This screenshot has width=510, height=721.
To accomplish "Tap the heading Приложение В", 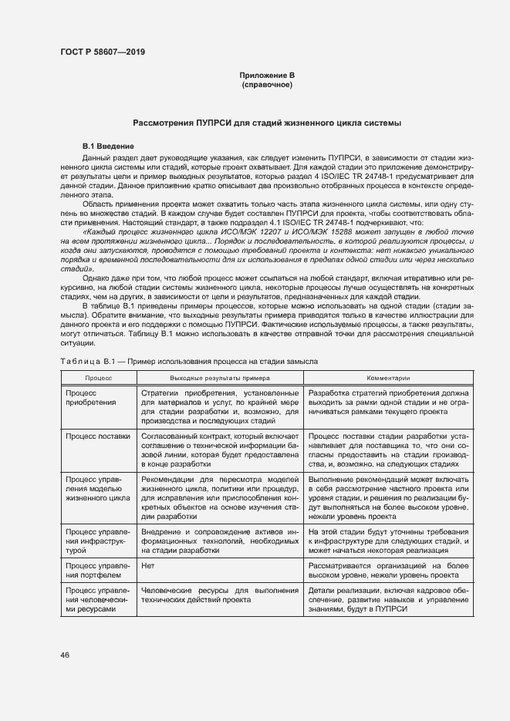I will [267, 75].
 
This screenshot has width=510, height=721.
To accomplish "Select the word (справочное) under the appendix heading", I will [267, 84].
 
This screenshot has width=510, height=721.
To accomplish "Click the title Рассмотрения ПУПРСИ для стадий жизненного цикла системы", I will [267, 123].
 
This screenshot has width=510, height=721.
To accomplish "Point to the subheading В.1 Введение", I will [109, 147].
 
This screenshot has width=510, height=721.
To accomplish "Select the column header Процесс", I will [98, 379].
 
